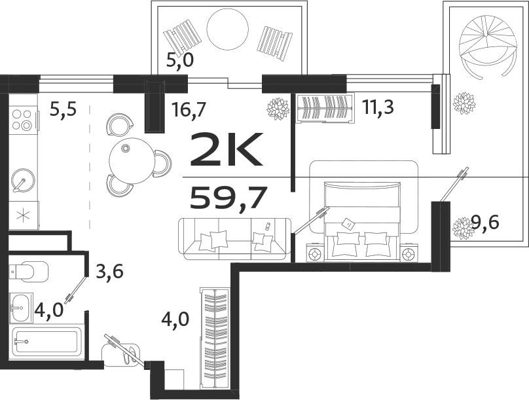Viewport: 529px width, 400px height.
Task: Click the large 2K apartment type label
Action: (226, 149)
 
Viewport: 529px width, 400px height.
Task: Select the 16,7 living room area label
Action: (189, 109)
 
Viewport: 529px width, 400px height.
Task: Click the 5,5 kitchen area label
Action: (63, 109)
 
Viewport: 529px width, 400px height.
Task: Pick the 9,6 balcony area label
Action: (485, 224)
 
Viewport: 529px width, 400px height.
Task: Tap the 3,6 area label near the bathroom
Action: (109, 270)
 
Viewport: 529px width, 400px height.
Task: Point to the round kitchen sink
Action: (23, 179)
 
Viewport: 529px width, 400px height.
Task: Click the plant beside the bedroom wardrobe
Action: (278, 108)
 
